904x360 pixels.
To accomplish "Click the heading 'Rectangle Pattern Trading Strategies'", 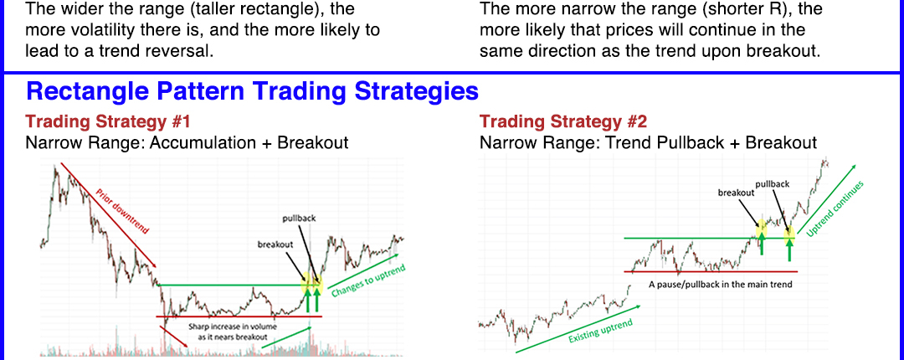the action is pyautogui.click(x=252, y=92).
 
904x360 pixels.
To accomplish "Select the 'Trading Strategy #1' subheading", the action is pyautogui.click(x=108, y=121).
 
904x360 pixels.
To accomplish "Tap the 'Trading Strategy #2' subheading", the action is pyautogui.click(x=563, y=121).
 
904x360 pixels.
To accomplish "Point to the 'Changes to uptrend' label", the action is pyautogui.click(x=368, y=281).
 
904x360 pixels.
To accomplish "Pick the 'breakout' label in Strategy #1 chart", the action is pyautogui.click(x=275, y=244).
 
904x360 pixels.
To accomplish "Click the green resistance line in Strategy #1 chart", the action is pyautogui.click(x=233, y=285).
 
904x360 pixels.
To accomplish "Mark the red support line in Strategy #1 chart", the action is pyautogui.click(x=239, y=316).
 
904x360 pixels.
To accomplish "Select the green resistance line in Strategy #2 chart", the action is pyautogui.click(x=709, y=238).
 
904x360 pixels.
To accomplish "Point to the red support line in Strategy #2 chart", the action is pyautogui.click(x=711, y=271).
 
